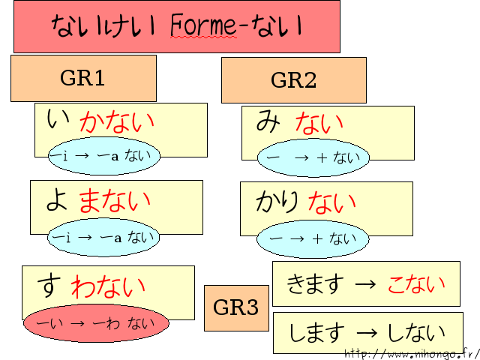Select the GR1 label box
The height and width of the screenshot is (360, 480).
pyautogui.click(x=83, y=78)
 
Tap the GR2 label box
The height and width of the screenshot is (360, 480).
pyautogui.click(x=293, y=80)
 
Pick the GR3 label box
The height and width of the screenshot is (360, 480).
pyautogui.click(x=236, y=307)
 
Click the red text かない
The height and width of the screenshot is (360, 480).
pyautogui.click(x=117, y=121)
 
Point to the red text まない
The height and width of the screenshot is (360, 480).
pyautogui.click(x=115, y=200)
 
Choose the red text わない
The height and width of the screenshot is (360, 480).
pyautogui.click(x=109, y=286)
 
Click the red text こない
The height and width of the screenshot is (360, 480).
pyautogui.click(x=416, y=283)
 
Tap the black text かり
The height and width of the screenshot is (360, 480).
pyautogui.click(x=277, y=201)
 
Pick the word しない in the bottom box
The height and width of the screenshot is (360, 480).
pyautogui.click(x=415, y=332)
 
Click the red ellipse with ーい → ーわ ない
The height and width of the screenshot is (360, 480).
pyautogui.click(x=94, y=323)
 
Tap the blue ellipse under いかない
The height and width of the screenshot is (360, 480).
pyautogui.click(x=103, y=156)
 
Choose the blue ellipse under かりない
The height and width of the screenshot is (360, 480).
pyautogui.click(x=313, y=239)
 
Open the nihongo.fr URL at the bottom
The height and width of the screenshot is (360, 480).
pyautogui.click(x=412, y=353)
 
